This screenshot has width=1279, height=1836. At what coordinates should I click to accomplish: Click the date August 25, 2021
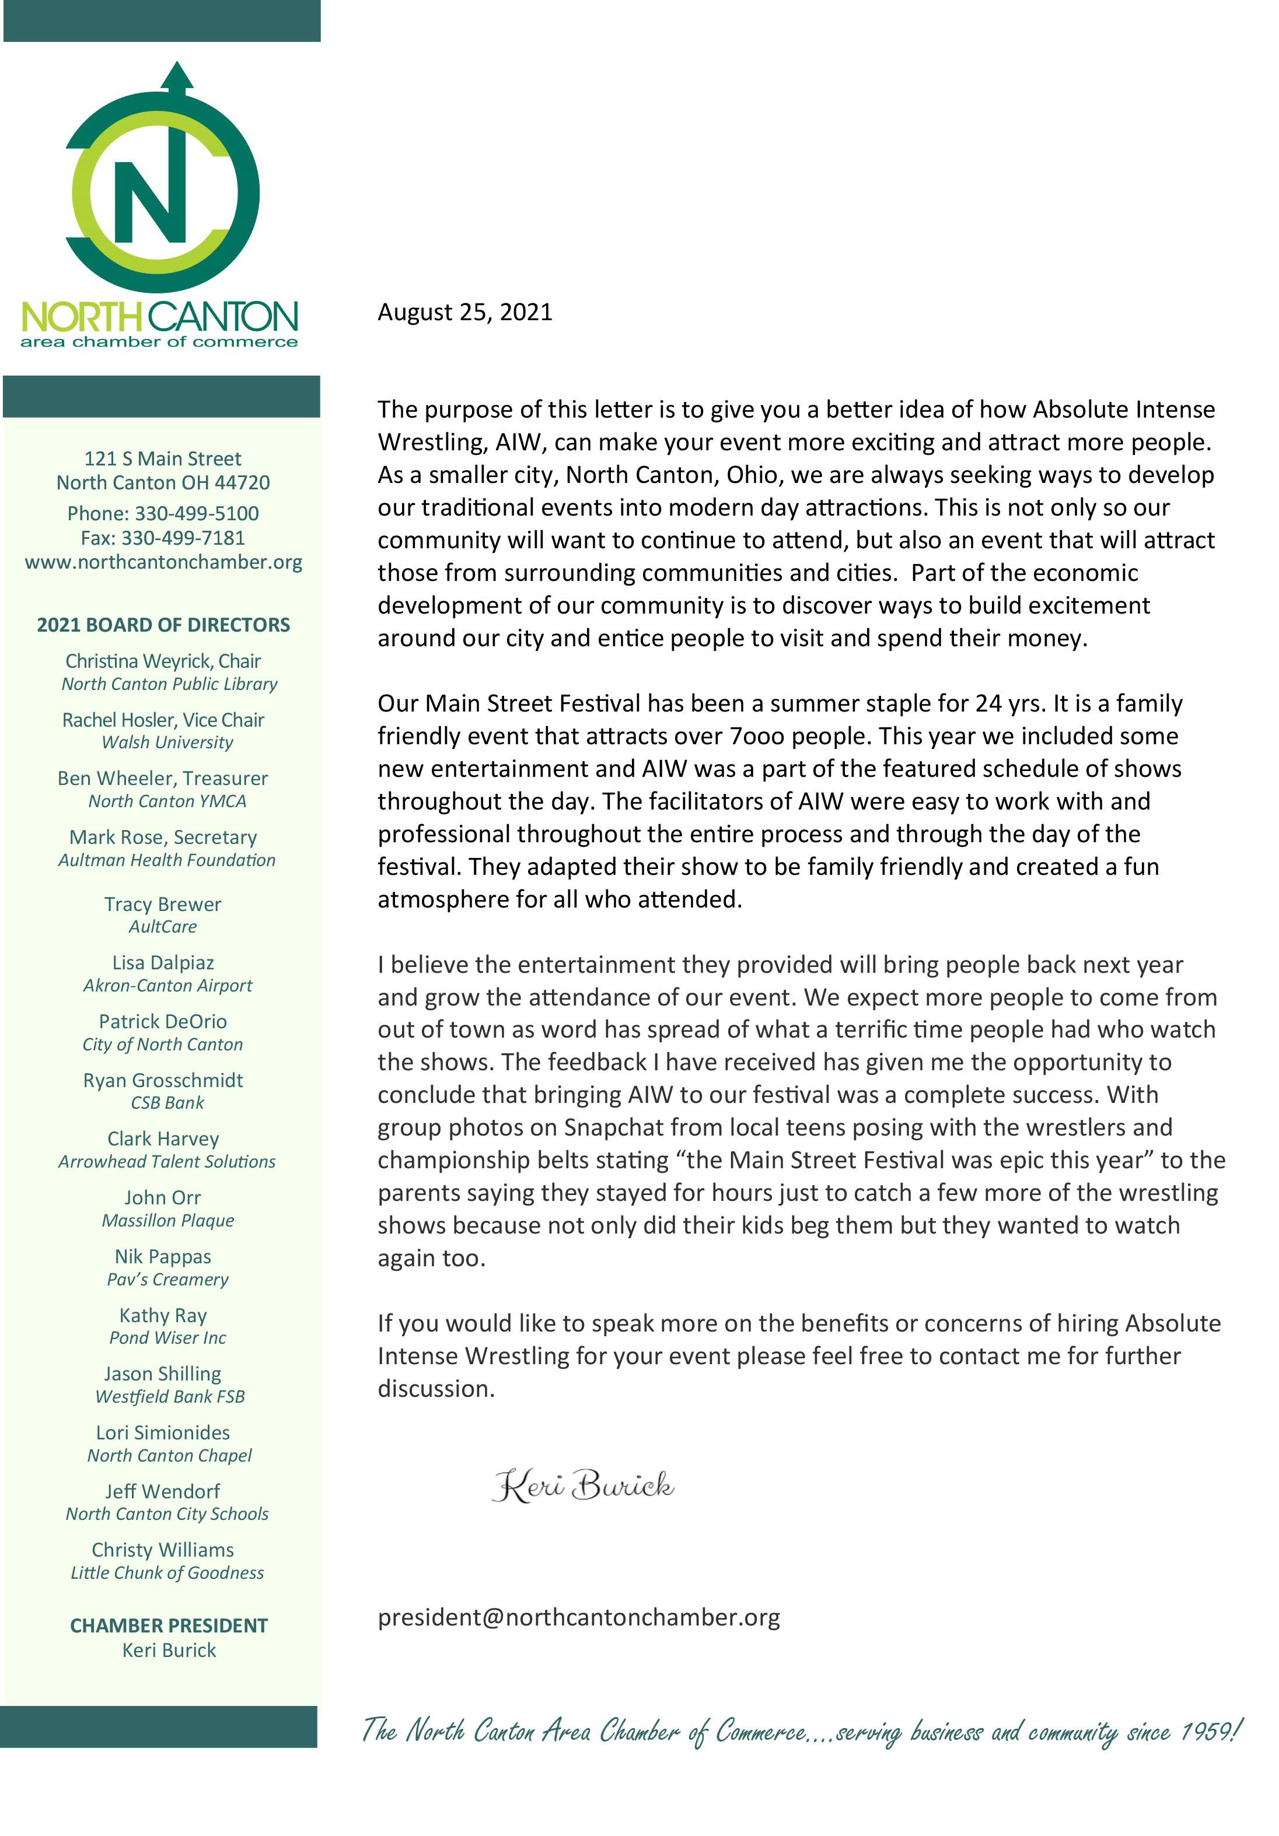(464, 312)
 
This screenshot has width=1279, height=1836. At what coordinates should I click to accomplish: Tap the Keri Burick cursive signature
(582, 1485)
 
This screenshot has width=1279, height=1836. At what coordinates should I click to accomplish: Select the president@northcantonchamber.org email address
(578, 1617)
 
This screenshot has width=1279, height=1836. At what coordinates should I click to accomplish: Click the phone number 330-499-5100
(196, 513)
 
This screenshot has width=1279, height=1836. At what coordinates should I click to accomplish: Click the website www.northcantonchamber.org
(163, 562)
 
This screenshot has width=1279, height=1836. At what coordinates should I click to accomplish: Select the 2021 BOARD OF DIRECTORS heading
(163, 625)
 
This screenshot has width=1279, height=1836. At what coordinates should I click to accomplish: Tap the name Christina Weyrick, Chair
(163, 661)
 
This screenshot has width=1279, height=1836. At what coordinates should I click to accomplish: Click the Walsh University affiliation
(167, 742)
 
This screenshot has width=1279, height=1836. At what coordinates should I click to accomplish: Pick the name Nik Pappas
(163, 1256)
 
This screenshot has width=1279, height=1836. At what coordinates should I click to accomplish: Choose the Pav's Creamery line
(167, 1280)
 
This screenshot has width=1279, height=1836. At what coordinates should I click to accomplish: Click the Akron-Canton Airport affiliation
(167, 986)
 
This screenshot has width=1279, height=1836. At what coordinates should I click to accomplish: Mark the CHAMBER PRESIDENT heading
(169, 1625)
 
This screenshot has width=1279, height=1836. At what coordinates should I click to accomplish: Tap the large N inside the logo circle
(149, 202)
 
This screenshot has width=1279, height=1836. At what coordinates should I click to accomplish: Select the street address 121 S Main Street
(162, 459)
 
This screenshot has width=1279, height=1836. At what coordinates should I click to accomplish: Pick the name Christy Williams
(163, 1550)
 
